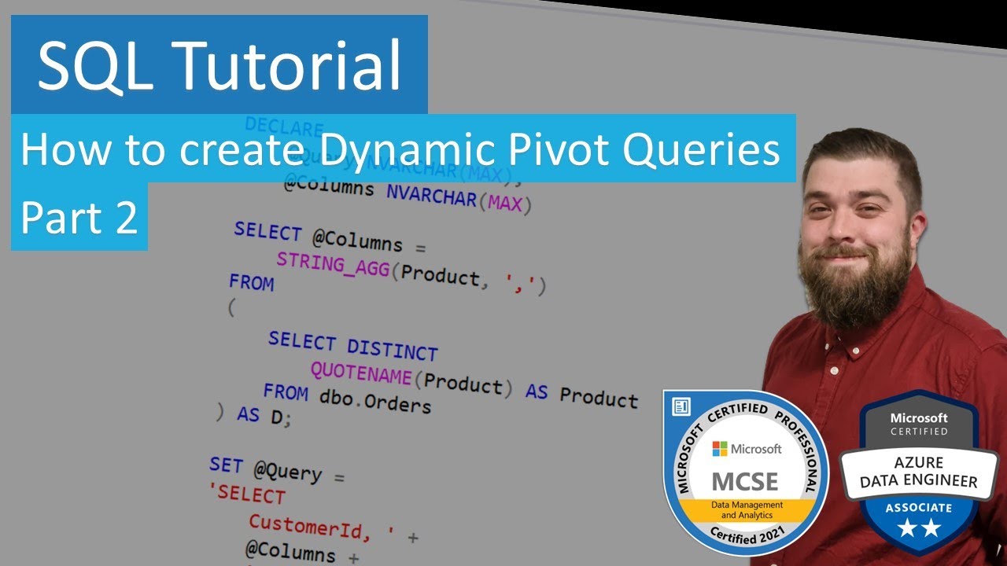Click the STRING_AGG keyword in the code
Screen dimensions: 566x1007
click(x=333, y=265)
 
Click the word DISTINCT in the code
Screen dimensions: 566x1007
click(x=392, y=348)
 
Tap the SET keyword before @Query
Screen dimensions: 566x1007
click(x=226, y=465)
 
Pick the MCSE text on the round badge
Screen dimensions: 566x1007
click(x=744, y=480)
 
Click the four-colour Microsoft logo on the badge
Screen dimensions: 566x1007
click(x=719, y=448)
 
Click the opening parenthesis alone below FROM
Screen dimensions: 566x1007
click(x=231, y=309)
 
